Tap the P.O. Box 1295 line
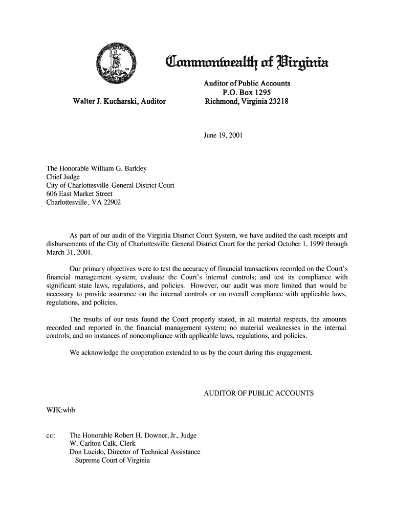pos(247,92)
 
